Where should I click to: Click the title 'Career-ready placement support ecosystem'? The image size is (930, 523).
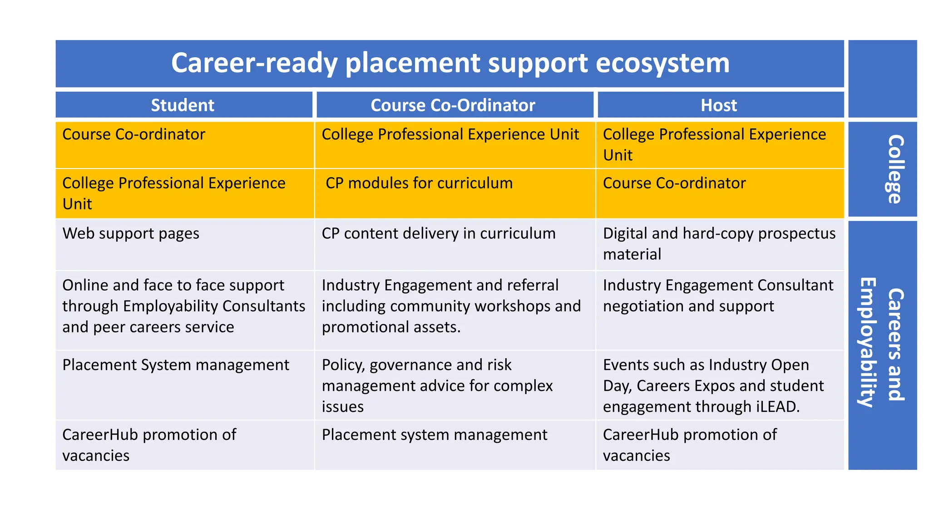(450, 63)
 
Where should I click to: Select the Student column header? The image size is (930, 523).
(183, 105)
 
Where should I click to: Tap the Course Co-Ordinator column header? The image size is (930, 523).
(453, 105)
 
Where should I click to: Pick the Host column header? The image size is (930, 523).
(718, 105)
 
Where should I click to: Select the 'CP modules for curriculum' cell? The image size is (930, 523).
(419, 183)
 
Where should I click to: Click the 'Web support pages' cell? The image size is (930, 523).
(131, 233)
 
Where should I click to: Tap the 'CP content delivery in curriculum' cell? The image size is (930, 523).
(438, 233)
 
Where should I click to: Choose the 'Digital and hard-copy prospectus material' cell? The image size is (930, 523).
(718, 244)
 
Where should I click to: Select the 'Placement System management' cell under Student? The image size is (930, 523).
(175, 365)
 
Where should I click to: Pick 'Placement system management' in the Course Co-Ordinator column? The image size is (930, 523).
(434, 435)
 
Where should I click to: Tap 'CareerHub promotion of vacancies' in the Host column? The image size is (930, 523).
(689, 445)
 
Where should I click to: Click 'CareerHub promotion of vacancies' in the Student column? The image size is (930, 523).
(149, 445)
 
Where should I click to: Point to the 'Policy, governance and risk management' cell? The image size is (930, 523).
(437, 385)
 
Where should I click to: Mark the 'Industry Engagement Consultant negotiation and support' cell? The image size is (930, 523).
(717, 296)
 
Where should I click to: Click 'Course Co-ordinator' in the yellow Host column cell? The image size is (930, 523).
(674, 183)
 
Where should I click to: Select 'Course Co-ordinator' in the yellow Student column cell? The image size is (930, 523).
(134, 135)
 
